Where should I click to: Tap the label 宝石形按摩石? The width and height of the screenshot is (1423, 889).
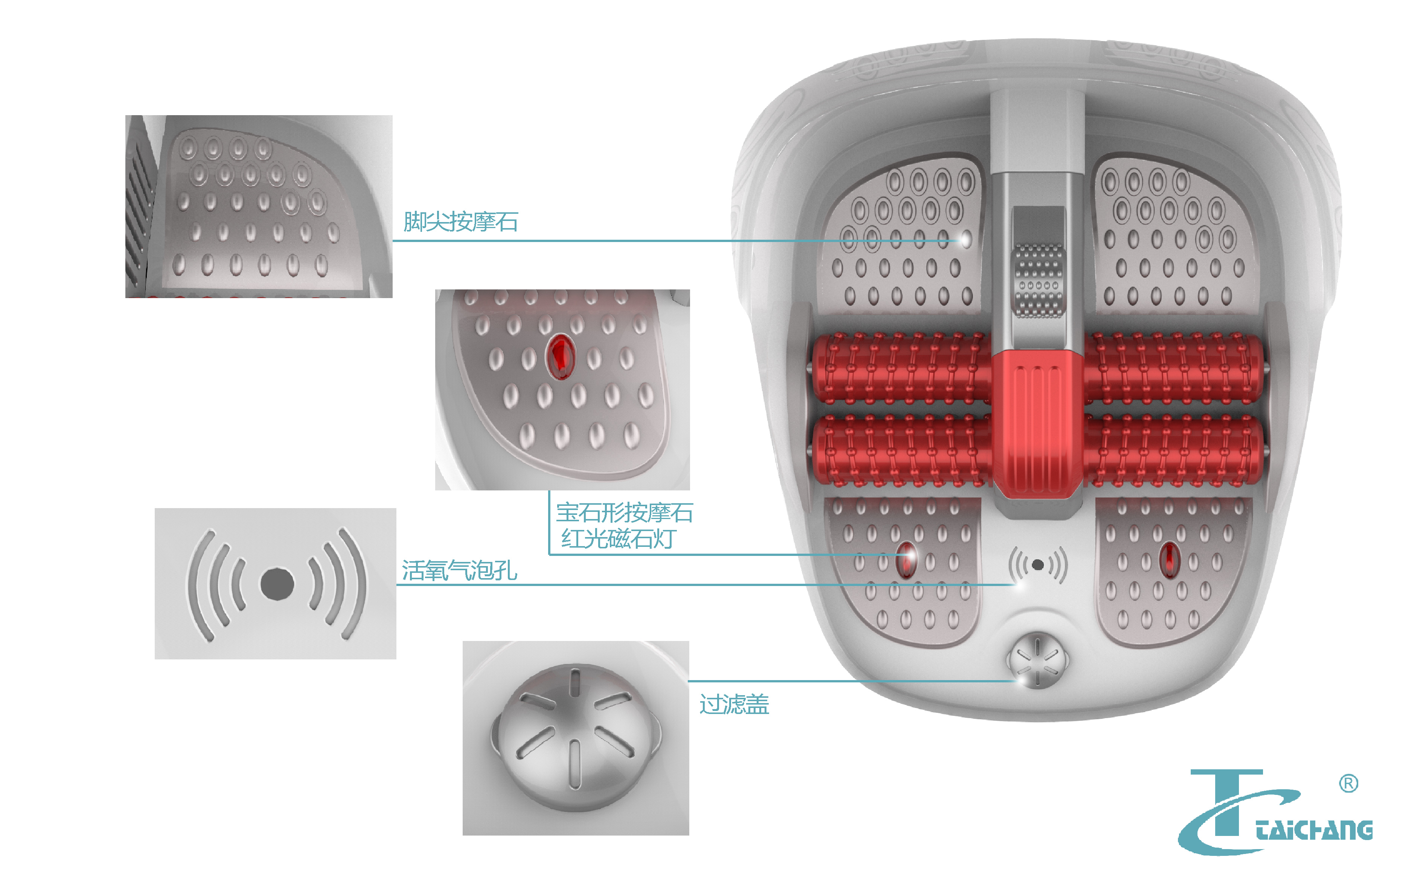[625, 513]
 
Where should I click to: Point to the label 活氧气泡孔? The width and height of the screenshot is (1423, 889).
[459, 570]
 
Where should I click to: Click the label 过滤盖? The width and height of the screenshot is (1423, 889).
[734, 704]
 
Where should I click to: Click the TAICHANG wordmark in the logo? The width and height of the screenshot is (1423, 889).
[1314, 830]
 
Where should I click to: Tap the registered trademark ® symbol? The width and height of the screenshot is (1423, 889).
[1348, 784]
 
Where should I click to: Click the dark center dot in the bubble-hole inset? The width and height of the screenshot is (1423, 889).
[277, 584]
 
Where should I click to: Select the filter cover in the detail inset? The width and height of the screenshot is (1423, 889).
[575, 738]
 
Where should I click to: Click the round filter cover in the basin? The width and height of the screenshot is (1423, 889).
[1037, 660]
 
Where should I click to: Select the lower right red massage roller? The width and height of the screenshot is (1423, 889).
[1173, 451]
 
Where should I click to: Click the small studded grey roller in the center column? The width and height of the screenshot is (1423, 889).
[1038, 281]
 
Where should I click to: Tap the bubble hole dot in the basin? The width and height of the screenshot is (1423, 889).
[1038, 565]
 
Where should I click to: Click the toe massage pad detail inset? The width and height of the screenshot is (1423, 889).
[259, 206]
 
